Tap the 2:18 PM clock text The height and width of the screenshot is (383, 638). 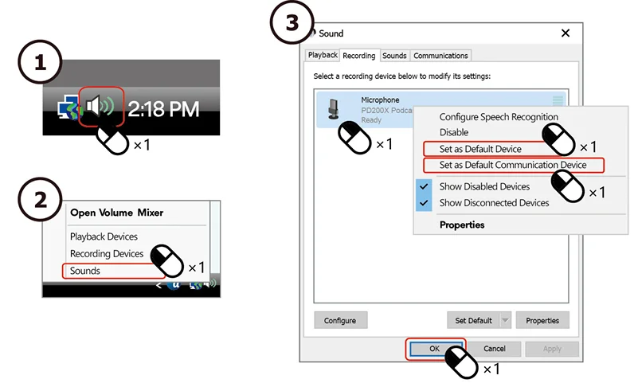click(x=163, y=109)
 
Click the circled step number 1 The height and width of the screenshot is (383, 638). click(x=40, y=62)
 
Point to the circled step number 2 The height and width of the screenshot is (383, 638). click(x=40, y=200)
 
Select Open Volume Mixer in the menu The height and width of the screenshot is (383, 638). click(x=117, y=213)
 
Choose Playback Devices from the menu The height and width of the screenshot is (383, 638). click(x=104, y=236)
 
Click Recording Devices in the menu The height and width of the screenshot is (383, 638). click(x=107, y=254)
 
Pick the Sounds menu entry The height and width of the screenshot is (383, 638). click(x=85, y=271)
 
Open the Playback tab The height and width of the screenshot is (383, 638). click(x=323, y=55)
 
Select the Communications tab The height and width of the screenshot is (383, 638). click(x=440, y=56)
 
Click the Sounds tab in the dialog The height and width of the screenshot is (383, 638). click(x=394, y=56)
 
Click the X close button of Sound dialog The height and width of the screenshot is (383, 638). click(x=566, y=33)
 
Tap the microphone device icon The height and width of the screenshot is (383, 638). click(x=334, y=109)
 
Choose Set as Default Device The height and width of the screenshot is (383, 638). click(x=480, y=149)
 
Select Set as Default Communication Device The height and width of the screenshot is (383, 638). click(x=513, y=165)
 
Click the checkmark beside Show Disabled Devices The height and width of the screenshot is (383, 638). click(x=424, y=186)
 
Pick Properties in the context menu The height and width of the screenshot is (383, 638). click(x=462, y=225)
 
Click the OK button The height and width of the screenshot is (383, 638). click(x=435, y=349)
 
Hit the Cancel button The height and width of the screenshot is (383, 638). click(x=495, y=349)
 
